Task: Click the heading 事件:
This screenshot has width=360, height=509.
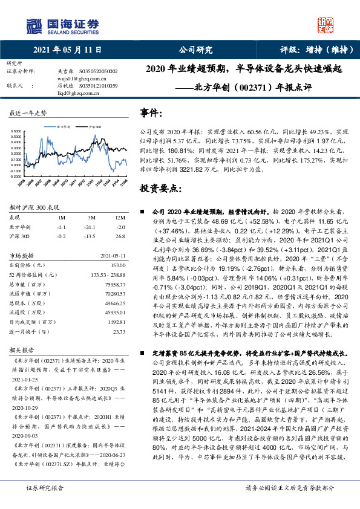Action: pos(151,113)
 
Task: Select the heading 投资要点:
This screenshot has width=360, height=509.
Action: pos(160,189)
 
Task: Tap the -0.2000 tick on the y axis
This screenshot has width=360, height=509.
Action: pos(18,177)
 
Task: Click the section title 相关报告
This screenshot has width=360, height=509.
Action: pos(21,350)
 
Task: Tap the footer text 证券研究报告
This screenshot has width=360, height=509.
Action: pos(45,503)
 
